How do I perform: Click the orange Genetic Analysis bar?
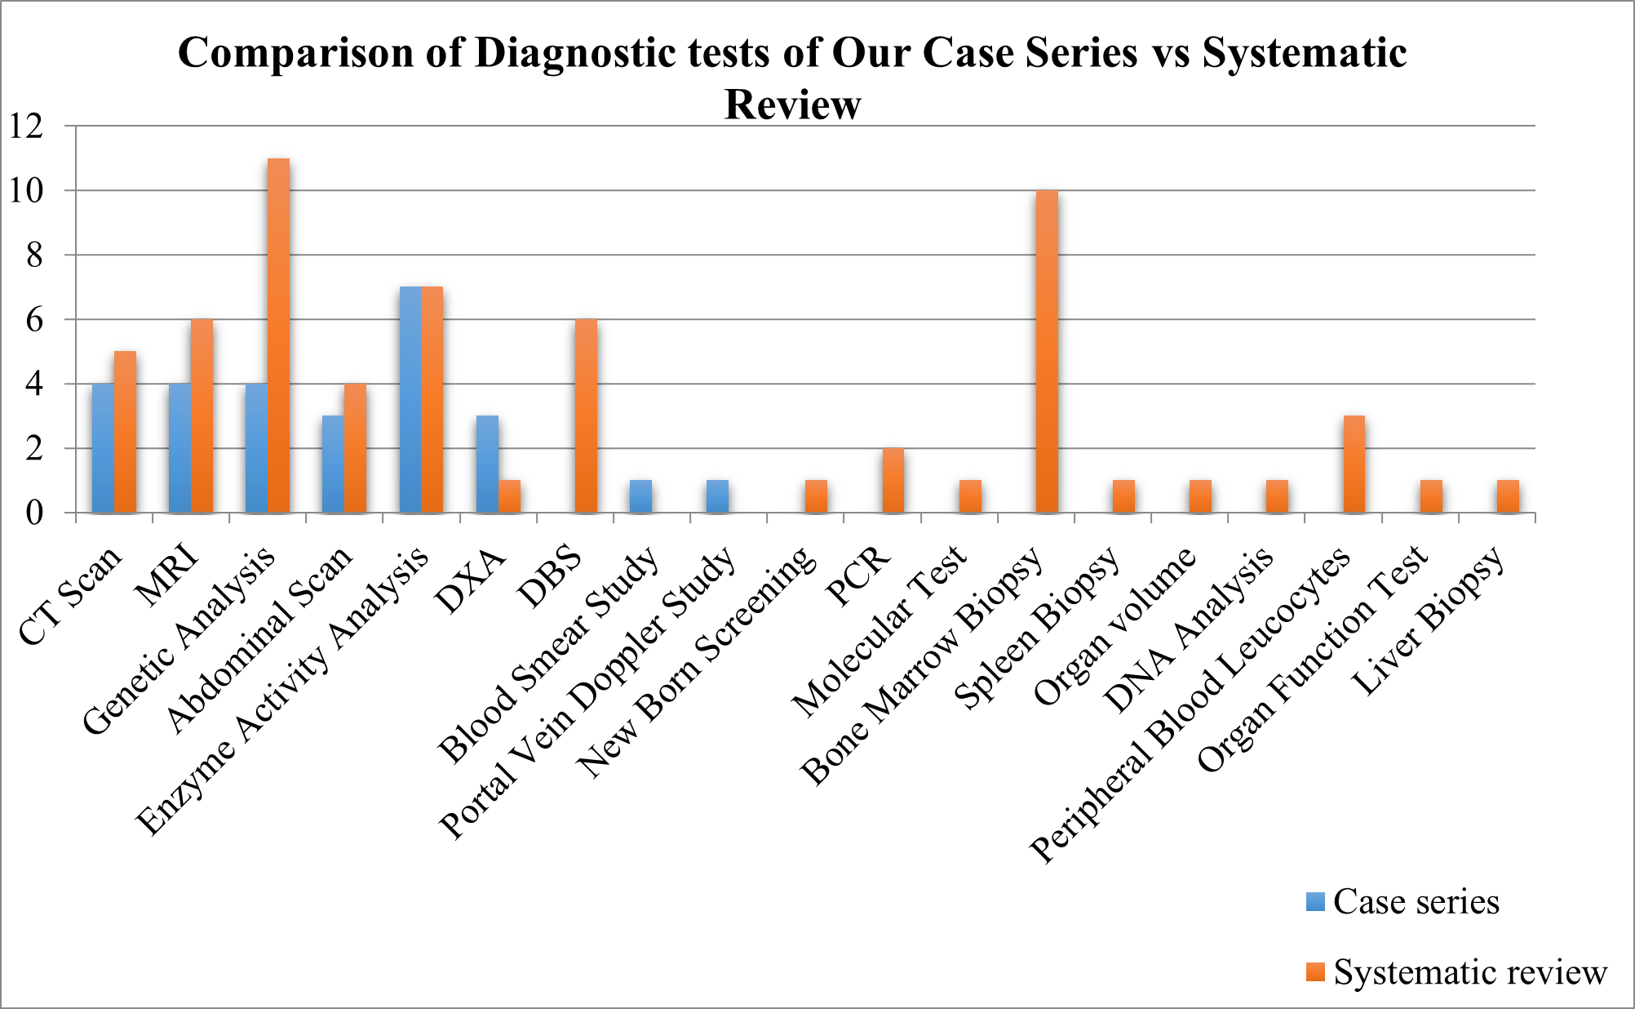278,336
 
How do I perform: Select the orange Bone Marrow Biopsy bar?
1047,352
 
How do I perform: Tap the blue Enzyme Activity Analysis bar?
410,400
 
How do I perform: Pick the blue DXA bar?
487,464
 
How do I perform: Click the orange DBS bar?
586,416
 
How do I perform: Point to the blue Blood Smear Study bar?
640,496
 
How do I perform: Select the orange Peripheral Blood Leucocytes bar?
1354,464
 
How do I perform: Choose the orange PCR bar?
893,481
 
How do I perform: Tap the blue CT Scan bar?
103,448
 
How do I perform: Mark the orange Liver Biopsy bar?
1508,496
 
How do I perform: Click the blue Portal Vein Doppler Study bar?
717,496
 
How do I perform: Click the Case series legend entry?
1403,902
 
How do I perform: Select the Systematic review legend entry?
1457,972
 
